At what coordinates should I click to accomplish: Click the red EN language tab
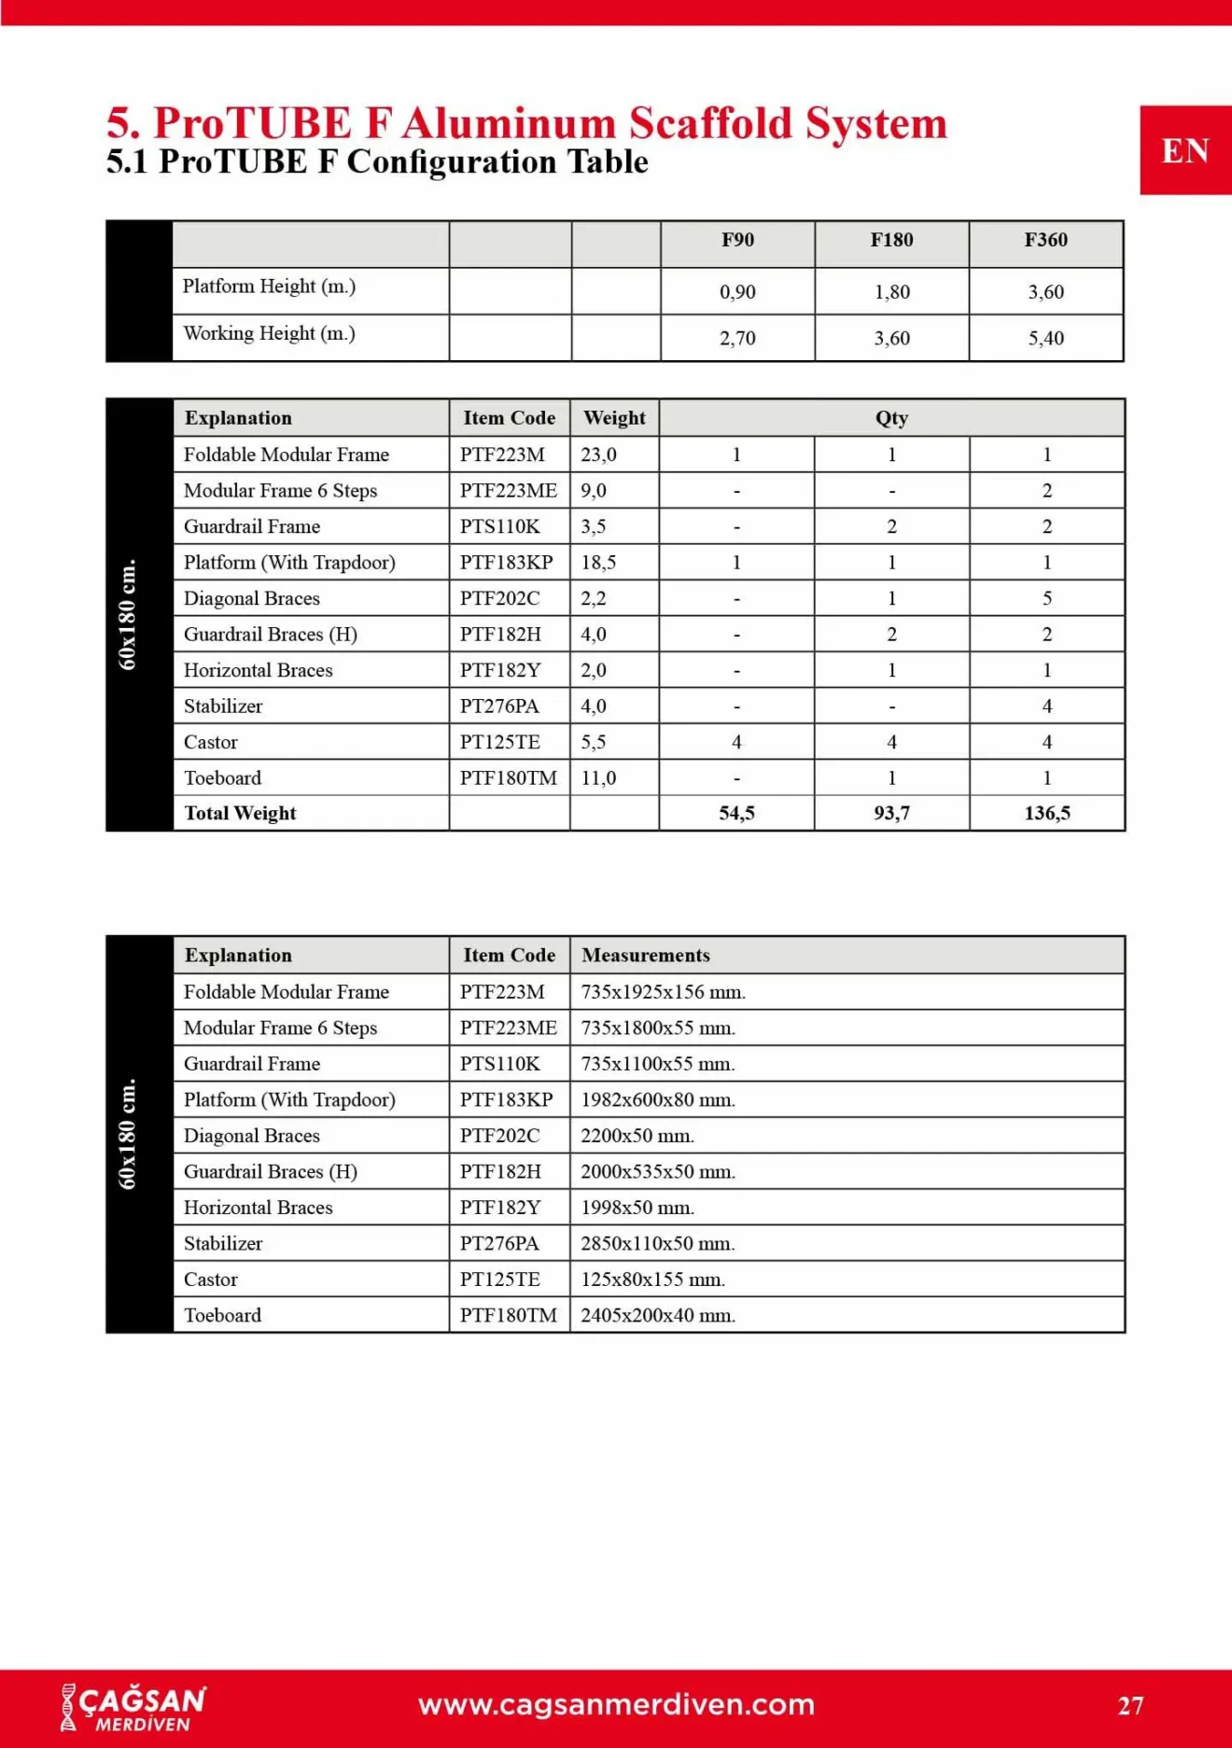[1184, 150]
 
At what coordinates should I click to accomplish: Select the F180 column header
[891, 240]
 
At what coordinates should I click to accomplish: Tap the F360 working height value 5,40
[1045, 338]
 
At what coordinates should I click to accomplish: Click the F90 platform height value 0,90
[737, 292]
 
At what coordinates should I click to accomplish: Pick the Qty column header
[891, 418]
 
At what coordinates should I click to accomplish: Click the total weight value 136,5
[1046, 813]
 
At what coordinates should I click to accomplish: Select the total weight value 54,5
[736, 813]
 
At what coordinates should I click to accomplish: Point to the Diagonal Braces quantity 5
[1046, 598]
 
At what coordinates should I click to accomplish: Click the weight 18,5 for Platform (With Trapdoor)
[598, 563]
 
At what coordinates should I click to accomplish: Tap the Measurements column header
[646, 956]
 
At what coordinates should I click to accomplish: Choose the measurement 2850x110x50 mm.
[658, 1243]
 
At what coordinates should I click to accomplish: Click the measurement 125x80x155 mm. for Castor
[652, 1280]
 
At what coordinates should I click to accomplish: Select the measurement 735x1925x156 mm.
[663, 992]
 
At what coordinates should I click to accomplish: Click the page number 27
[1130, 1706]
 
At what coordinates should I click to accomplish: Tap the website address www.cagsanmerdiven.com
[616, 1705]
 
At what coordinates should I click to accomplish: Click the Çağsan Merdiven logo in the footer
[133, 1708]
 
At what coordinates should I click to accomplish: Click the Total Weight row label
[240, 813]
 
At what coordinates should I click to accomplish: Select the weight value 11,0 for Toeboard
[598, 778]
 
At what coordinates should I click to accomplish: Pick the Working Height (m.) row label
[269, 333]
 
